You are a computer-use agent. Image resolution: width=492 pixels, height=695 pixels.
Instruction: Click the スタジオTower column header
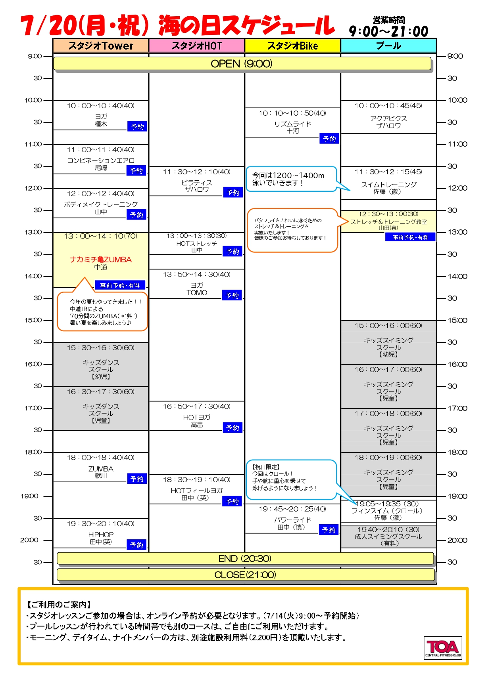click(101, 46)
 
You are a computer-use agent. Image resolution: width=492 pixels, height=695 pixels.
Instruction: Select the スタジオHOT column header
click(197, 46)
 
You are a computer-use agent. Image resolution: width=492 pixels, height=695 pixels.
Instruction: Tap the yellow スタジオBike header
click(293, 46)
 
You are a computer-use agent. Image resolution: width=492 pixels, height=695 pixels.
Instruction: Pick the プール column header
click(388, 46)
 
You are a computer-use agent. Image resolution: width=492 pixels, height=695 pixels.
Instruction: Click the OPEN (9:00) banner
click(242, 64)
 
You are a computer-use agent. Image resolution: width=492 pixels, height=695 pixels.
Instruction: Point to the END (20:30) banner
click(245, 558)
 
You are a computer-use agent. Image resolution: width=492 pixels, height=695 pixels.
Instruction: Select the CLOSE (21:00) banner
click(246, 575)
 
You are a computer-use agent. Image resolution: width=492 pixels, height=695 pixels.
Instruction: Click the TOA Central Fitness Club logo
click(443, 648)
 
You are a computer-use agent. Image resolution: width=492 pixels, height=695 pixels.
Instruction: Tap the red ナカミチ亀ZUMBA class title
click(101, 260)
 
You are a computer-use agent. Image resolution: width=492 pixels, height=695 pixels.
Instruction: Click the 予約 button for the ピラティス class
click(233, 193)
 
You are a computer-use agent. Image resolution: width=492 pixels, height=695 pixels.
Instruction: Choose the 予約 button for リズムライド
click(329, 139)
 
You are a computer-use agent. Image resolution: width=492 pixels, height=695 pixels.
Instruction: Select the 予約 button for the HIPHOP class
click(137, 545)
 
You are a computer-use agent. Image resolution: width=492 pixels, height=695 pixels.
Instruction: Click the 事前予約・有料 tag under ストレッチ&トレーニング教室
click(410, 237)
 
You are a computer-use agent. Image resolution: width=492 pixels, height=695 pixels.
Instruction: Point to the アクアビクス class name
click(388, 118)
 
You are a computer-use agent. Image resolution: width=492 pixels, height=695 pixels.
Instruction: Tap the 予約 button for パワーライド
click(329, 530)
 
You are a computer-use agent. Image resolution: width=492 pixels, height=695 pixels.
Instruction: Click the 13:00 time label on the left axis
click(33, 232)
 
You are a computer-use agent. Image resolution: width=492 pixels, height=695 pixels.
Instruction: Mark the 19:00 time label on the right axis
click(457, 496)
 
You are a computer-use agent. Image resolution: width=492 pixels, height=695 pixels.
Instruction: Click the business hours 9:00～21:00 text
click(388, 31)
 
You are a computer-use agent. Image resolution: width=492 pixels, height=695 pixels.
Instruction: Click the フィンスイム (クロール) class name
click(387, 511)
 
